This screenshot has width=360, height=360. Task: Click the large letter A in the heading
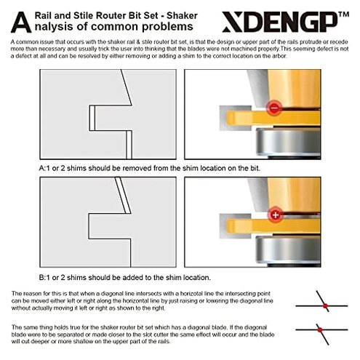(24, 22)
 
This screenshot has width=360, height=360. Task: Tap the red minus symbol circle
(273, 108)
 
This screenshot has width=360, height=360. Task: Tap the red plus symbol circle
(274, 215)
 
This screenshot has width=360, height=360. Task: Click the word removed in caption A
(135, 168)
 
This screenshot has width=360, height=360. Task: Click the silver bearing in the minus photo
(287, 143)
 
